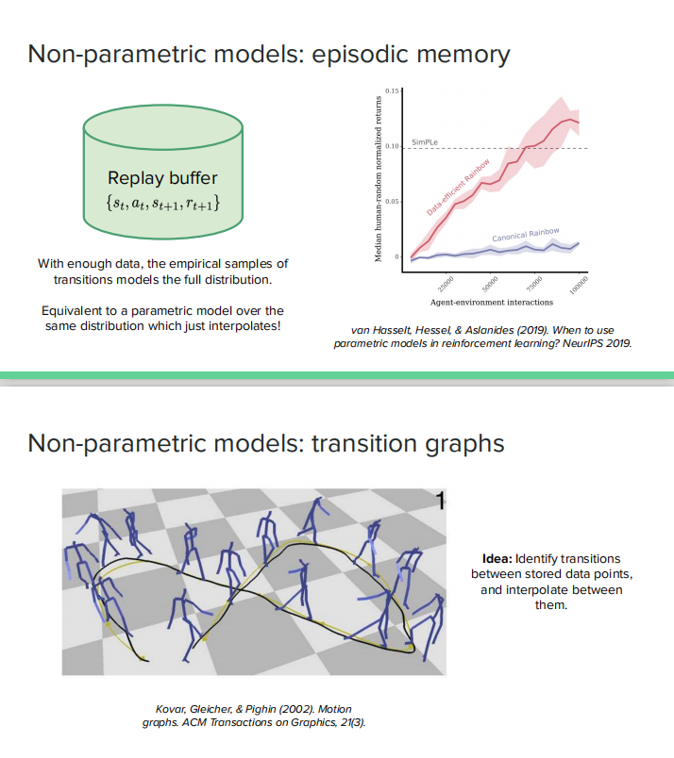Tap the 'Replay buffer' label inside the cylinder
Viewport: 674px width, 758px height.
(x=162, y=178)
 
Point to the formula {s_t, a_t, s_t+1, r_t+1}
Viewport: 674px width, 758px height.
(x=162, y=201)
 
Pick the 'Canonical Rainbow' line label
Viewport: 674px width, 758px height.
(x=526, y=234)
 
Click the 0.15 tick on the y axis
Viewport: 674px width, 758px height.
(x=394, y=91)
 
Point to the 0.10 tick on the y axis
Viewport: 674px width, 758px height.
(x=394, y=147)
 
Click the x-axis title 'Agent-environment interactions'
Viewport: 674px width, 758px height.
(x=485, y=302)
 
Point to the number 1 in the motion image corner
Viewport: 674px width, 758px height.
(x=440, y=500)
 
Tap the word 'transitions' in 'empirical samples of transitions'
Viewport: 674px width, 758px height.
(x=85, y=280)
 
